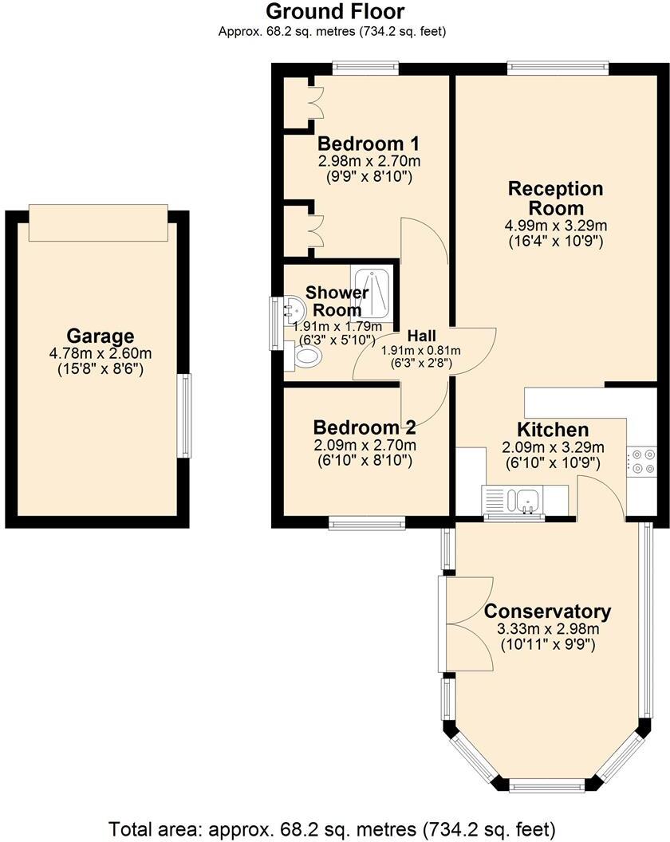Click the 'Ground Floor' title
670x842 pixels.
coord(334,11)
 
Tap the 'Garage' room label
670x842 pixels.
coord(100,336)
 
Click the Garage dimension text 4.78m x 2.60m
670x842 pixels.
coord(100,353)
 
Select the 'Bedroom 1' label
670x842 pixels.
coord(368,144)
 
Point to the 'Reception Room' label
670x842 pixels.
coord(556,199)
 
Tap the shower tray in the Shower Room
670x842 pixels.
coord(372,290)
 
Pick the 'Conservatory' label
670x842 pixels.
coord(547,612)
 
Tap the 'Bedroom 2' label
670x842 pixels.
coord(364,427)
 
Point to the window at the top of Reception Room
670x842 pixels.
coord(557,69)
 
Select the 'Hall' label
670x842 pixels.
coord(420,335)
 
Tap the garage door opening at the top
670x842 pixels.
coord(98,222)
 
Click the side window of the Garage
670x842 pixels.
coord(185,416)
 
